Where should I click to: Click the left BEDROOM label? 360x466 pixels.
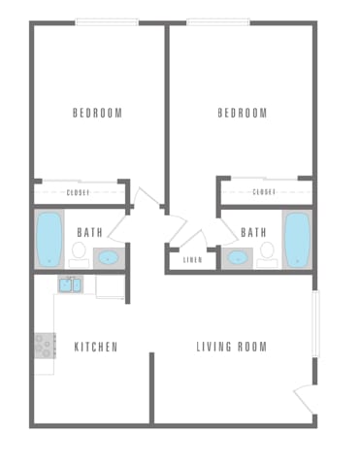(97, 114)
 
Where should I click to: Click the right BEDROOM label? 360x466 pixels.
(242, 114)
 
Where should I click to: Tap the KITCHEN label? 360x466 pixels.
(95, 347)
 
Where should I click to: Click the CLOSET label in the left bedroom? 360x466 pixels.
(79, 192)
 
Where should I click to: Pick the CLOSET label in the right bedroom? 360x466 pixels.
(264, 192)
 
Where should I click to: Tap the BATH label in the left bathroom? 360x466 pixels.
(89, 233)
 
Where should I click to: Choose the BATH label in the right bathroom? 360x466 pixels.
(253, 233)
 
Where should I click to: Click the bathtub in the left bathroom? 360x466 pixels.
(49, 239)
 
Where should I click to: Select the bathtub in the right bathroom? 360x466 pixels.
(296, 239)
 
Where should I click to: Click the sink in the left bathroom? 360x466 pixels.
(109, 258)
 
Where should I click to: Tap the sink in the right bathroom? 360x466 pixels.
(236, 258)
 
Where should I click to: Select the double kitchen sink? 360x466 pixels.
(70, 285)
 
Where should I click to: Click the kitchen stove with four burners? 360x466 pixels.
(45, 345)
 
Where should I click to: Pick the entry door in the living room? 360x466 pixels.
(304, 398)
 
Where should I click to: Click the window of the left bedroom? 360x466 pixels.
(107, 22)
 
